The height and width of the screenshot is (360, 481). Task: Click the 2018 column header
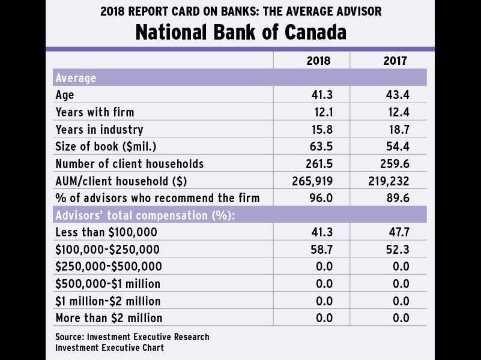tap(318, 61)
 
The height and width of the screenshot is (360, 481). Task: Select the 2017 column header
tap(395, 61)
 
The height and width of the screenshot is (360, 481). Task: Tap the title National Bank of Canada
tap(240, 32)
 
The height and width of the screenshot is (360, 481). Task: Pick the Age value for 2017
tap(398, 95)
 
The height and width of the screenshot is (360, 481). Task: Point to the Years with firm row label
tap(94, 112)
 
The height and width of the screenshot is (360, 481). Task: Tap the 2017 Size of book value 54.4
tap(398, 146)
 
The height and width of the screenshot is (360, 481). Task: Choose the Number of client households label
tap(129, 164)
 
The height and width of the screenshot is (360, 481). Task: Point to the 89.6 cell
tap(398, 198)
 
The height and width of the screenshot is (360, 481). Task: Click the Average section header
tap(76, 78)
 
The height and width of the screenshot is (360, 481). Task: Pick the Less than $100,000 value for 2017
tap(398, 232)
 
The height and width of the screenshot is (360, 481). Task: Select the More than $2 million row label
tap(109, 318)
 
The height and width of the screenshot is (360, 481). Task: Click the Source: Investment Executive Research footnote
tap(132, 337)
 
